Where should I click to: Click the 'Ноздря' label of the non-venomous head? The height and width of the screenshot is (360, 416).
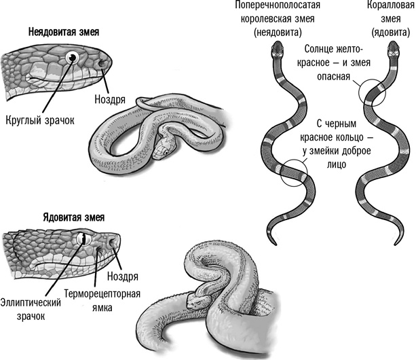click(x=113, y=99)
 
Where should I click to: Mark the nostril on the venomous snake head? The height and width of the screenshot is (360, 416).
click(x=113, y=244)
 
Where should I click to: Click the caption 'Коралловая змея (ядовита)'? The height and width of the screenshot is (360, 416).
click(x=392, y=20)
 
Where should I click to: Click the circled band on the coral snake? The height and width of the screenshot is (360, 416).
click(x=373, y=92)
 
